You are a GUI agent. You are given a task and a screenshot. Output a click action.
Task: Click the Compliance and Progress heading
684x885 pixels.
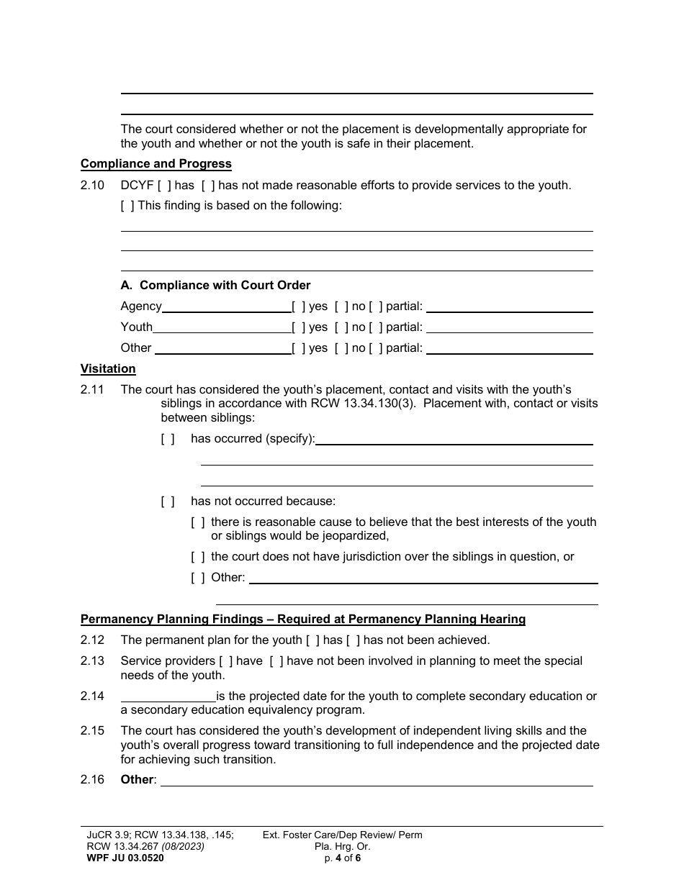click(x=156, y=164)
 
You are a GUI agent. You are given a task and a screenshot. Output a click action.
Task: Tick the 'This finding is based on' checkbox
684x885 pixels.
click(x=127, y=206)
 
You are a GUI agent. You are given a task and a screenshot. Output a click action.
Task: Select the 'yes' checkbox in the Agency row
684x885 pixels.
click(x=298, y=307)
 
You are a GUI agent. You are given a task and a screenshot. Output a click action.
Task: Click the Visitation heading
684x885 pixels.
click(x=108, y=369)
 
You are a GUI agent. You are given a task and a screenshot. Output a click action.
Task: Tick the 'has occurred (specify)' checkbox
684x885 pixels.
click(x=167, y=439)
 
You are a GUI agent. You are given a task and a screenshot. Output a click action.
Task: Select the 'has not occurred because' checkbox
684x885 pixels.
click(x=167, y=501)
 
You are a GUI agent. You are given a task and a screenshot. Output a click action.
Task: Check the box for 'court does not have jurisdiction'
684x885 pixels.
click(x=198, y=557)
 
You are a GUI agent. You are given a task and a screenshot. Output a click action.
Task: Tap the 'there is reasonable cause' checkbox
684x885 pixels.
click(x=198, y=522)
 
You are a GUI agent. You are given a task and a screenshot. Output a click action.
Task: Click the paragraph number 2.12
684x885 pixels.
click(x=92, y=640)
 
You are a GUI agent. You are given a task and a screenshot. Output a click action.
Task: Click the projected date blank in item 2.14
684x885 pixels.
click(x=168, y=697)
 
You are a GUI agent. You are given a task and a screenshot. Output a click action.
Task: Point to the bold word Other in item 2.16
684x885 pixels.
click(x=137, y=780)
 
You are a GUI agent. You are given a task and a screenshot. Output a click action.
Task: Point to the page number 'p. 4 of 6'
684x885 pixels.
click(x=342, y=858)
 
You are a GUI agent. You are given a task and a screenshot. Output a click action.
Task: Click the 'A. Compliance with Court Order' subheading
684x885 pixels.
click(x=215, y=286)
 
